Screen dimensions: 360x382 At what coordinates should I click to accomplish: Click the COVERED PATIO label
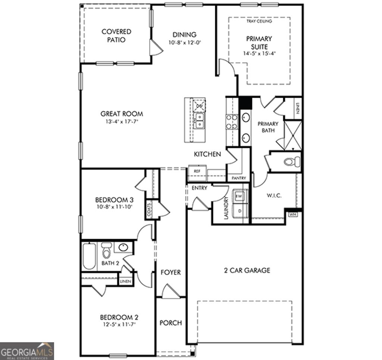coord(116,36)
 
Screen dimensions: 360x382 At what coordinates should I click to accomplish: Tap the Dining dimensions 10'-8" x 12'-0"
coord(185,42)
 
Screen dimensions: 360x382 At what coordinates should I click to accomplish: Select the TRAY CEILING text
coord(259,21)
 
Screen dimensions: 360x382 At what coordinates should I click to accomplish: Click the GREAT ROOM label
coord(122,114)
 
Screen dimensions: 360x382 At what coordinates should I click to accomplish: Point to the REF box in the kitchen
coord(197,171)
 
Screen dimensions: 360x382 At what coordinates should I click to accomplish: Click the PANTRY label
coord(239,179)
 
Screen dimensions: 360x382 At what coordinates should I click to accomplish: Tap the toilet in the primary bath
coord(292,162)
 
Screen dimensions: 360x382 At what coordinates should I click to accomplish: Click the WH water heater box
coord(292,215)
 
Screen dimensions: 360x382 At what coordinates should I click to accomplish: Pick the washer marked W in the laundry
coord(239,196)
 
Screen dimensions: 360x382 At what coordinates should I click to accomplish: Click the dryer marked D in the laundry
coord(239,211)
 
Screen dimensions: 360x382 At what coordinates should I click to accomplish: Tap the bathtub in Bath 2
coord(89,256)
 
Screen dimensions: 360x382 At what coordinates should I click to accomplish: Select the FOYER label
coord(170,272)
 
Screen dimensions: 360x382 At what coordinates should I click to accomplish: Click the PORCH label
coord(170,323)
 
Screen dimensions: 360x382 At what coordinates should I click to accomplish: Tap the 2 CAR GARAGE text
coord(247,270)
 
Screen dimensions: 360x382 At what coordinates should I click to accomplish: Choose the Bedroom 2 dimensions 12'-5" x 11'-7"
coord(119,325)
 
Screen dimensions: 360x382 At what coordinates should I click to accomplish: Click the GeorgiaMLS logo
coord(27,351)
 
